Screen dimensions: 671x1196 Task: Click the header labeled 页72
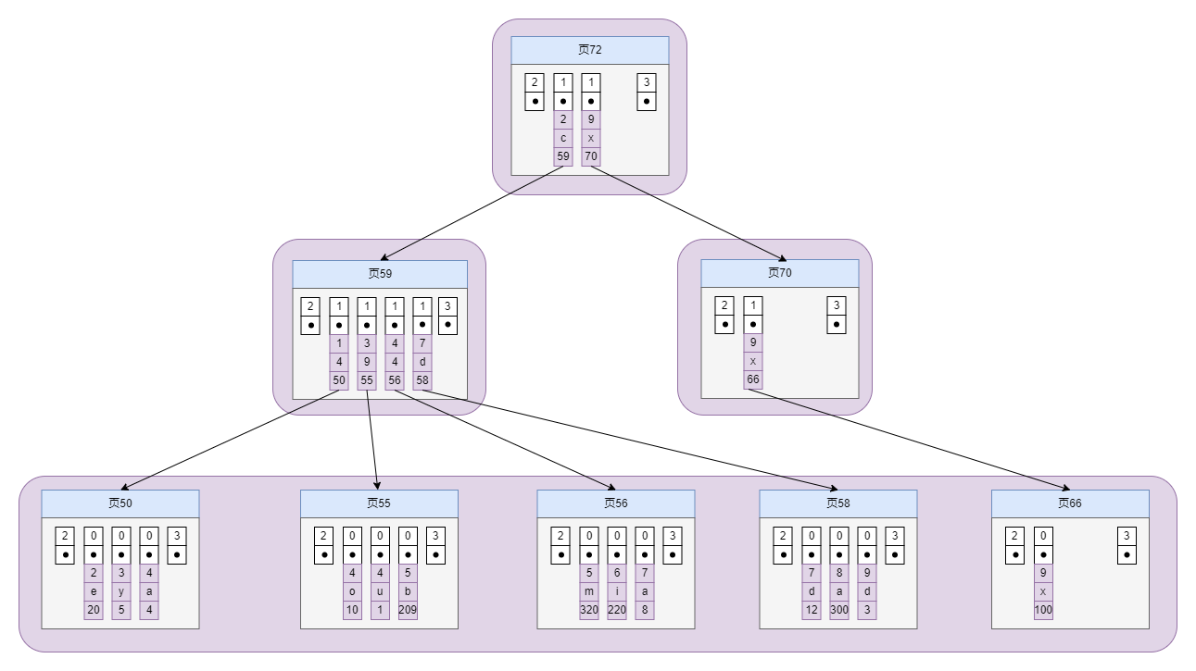589,50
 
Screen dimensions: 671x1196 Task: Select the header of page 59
380,274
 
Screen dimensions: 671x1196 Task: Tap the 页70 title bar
779,273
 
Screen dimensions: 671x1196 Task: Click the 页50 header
120,503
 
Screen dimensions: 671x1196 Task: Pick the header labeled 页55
379,503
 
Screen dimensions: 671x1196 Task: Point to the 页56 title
615,503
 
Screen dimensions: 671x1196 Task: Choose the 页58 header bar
837,503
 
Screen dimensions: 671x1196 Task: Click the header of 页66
1070,503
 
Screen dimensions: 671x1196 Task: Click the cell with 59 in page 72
563,156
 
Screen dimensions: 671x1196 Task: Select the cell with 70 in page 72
591,156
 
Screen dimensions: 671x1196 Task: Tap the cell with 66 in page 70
753,380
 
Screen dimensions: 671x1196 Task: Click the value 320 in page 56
589,610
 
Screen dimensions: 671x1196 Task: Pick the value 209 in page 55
408,610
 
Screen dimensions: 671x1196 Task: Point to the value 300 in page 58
839,610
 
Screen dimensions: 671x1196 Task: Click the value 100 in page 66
1043,610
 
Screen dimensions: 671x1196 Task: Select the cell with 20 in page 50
94,610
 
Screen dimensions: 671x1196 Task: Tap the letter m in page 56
589,591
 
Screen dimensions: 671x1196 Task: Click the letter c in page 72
563,138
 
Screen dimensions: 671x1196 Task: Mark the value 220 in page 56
617,610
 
